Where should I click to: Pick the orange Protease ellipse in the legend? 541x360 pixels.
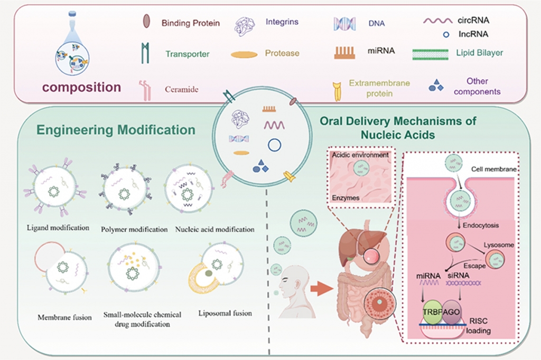pos(245,54)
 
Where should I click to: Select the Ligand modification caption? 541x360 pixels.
pos(55,229)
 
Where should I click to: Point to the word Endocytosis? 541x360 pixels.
pos(481,225)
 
